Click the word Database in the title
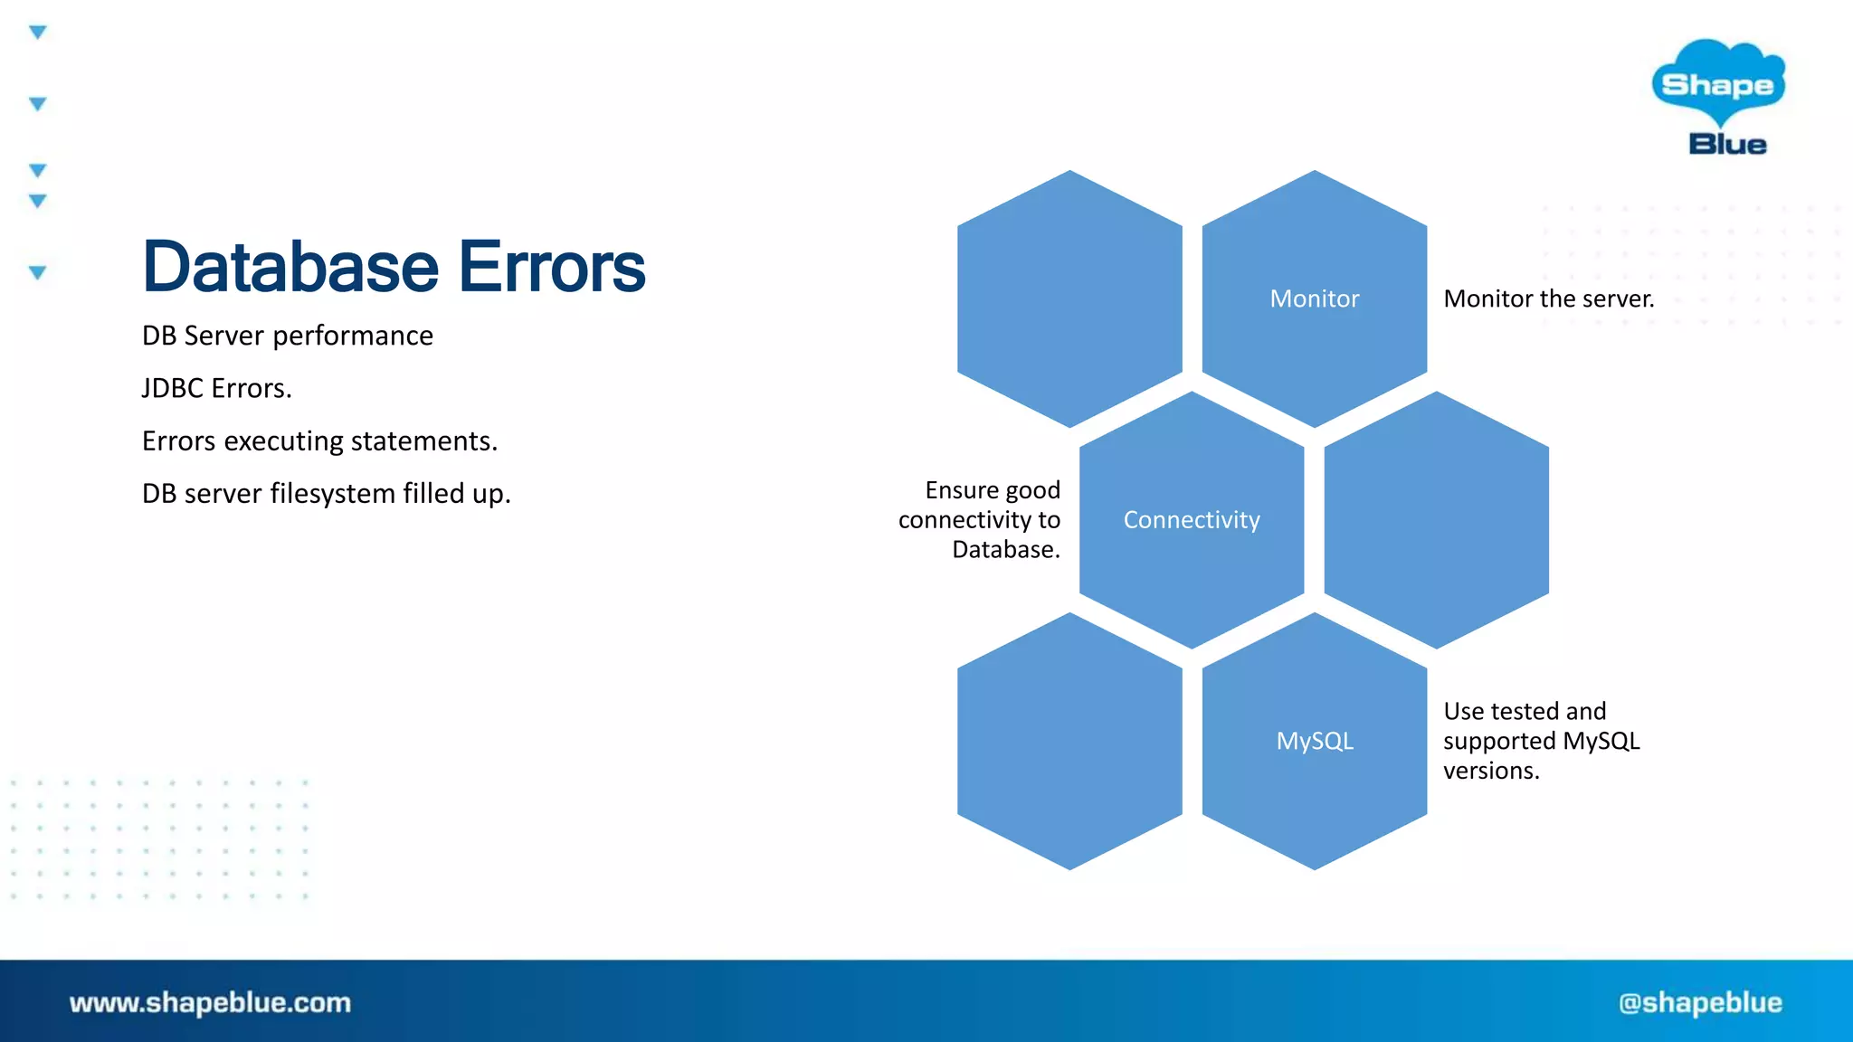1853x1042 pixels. [290, 267]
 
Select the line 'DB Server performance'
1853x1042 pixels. [287, 336]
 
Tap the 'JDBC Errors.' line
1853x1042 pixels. [216, 388]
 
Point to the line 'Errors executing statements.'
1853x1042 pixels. [319, 440]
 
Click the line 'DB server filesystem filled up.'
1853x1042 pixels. [326, 494]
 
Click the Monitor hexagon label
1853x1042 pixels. [1314, 298]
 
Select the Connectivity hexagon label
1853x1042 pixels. [1191, 520]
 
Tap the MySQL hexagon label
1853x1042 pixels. [1314, 741]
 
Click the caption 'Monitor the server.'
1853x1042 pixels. [1548, 298]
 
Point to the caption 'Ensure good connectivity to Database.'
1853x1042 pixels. [980, 520]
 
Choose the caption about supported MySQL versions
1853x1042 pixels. [1541, 741]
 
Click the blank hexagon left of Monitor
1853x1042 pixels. [1069, 298]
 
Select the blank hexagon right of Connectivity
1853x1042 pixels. [1436, 520]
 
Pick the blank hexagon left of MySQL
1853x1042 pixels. [1069, 741]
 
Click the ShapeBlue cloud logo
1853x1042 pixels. [1717, 83]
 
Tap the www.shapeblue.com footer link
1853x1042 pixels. [210, 1002]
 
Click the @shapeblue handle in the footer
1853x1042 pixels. [1700, 1002]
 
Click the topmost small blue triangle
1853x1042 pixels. [37, 33]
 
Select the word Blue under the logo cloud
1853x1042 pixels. [1726, 145]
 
